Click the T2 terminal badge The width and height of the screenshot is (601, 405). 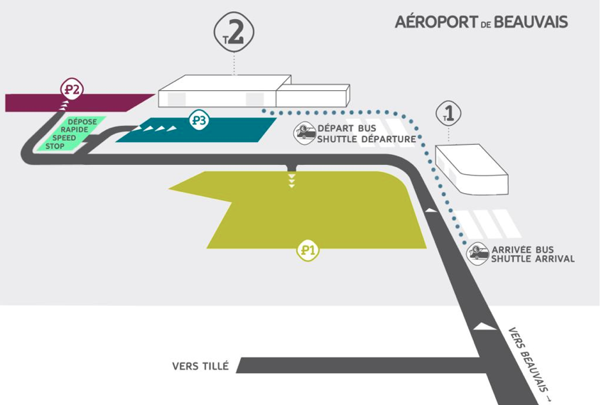234,33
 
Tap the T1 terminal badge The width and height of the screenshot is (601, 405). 448,114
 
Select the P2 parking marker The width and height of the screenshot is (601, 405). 72,90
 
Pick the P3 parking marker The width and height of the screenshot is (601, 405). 200,121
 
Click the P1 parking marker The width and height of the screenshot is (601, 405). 308,251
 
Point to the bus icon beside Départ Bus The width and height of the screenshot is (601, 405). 305,133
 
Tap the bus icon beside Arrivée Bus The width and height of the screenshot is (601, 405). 477,254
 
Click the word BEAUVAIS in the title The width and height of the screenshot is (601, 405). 531,22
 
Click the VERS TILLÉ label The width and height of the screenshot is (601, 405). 200,366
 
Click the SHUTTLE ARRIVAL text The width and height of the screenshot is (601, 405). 533,259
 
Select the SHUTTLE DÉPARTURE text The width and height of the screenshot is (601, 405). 367,139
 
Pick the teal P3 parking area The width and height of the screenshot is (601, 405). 196,130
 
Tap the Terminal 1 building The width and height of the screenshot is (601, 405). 472,169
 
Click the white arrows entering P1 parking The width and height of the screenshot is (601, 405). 292,180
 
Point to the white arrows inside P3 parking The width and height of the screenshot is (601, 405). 155,129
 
